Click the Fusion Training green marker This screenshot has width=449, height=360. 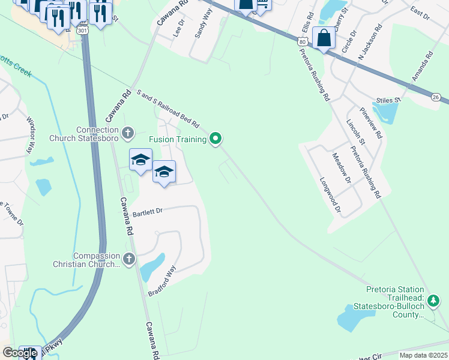click(x=216, y=139)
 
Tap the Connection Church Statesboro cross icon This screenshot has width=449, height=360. click(x=127, y=132)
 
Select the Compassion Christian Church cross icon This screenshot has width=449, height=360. click(x=128, y=259)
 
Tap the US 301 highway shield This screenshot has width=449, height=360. click(x=84, y=29)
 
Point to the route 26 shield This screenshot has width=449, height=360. click(x=436, y=97)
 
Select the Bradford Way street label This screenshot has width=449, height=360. click(x=162, y=281)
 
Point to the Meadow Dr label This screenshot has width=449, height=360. click(x=340, y=169)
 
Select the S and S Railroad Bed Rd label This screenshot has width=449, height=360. click(x=168, y=108)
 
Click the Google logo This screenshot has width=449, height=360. click(x=20, y=353)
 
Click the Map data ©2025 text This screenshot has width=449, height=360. click(x=423, y=355)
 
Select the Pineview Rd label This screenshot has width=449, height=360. click(x=371, y=123)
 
